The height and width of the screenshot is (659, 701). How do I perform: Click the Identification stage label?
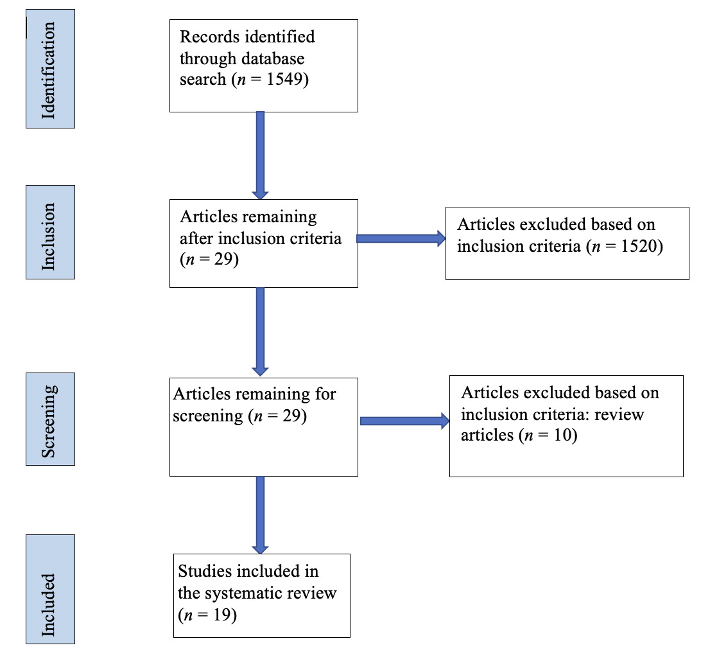pyautogui.click(x=50, y=69)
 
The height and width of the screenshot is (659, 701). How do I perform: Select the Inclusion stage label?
pyautogui.click(x=50, y=232)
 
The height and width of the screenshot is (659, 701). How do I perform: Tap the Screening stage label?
pyautogui.click(x=50, y=419)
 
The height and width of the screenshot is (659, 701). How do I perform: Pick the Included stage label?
pyautogui.click(x=50, y=589)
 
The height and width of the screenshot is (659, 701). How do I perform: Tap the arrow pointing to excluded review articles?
pyautogui.click(x=405, y=421)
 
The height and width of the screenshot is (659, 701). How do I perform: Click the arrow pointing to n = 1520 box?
pyautogui.click(x=401, y=239)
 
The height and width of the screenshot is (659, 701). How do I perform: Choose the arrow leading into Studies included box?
pyautogui.click(x=260, y=514)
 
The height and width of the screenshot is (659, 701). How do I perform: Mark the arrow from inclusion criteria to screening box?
pyautogui.click(x=260, y=331)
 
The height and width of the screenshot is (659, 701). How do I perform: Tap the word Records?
pyautogui.click(x=206, y=37)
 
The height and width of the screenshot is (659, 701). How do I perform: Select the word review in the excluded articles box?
pyautogui.click(x=619, y=414)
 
